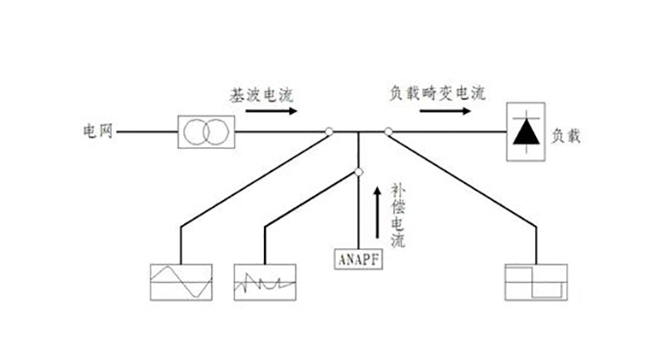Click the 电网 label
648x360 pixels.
point(97,131)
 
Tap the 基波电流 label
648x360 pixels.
point(264,95)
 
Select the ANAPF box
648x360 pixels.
point(358,257)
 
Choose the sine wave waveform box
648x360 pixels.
point(181,280)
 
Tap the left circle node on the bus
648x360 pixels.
point(330,132)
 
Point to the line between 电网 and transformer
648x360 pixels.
point(148,132)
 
